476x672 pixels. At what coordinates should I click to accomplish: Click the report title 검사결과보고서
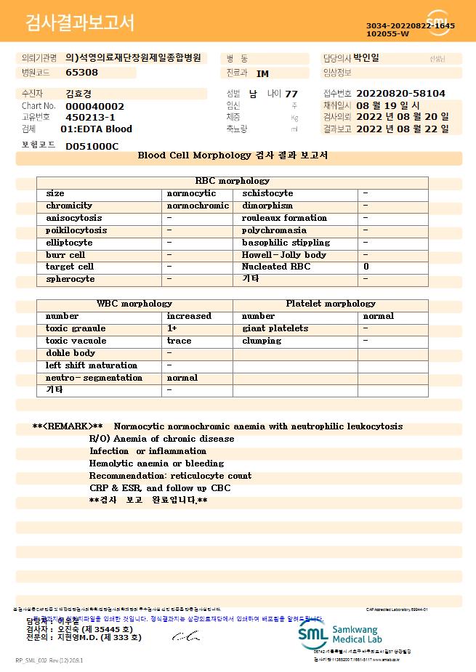tap(80, 23)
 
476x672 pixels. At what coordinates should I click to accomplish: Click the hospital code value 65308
tap(81, 73)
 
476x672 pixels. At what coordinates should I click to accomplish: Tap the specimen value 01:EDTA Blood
tap(96, 129)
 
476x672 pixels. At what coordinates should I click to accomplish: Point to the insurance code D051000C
tap(92, 146)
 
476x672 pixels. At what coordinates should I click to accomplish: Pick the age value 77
tap(291, 94)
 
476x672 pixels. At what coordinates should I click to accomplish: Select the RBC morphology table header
tap(233, 181)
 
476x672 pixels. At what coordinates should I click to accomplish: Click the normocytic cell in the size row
tap(191, 194)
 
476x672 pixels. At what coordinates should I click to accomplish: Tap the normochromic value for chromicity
tap(198, 206)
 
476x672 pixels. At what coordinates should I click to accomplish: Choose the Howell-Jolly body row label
tap(284, 255)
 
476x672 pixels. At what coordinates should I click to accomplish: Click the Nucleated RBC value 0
tap(366, 267)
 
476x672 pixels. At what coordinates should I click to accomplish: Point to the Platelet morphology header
tap(331, 304)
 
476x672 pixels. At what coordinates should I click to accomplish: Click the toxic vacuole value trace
tap(179, 341)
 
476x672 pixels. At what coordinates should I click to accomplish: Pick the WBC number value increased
tap(189, 316)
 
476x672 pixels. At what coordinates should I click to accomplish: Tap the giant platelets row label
tap(275, 328)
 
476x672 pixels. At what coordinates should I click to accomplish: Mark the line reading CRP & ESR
tap(159, 488)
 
